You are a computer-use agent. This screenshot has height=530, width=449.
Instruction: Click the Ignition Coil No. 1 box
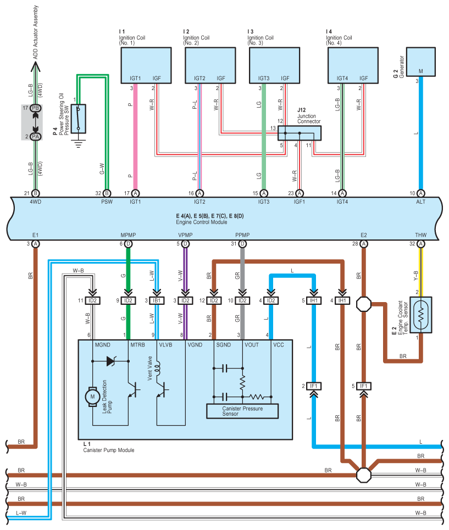click(x=146, y=65)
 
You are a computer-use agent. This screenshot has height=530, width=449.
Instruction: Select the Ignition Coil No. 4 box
click(x=353, y=65)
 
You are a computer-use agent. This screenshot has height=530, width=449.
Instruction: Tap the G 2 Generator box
click(x=420, y=62)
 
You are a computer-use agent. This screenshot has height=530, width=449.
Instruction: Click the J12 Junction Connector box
click(x=299, y=133)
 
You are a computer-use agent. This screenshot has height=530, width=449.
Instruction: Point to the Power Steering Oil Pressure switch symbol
click(x=79, y=119)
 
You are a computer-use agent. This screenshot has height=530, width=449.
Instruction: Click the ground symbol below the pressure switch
click(x=79, y=144)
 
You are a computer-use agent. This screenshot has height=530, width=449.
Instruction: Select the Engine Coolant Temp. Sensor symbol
click(x=420, y=315)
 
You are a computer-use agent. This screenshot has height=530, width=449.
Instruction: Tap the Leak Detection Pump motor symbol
click(x=92, y=397)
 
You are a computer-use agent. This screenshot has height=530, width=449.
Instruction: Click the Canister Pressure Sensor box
click(x=242, y=411)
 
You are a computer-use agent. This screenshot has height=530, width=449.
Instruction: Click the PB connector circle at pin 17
click(x=35, y=108)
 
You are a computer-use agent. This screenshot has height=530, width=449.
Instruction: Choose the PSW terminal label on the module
click(x=107, y=202)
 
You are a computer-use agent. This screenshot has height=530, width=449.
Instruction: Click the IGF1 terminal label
click(x=299, y=202)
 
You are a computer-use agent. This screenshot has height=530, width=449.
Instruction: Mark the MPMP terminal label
click(x=128, y=235)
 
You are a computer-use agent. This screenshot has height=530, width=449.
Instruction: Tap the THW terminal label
click(x=420, y=235)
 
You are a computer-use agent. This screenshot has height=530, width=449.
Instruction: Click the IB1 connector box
click(x=157, y=300)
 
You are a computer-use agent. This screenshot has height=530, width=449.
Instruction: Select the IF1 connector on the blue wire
click(x=314, y=386)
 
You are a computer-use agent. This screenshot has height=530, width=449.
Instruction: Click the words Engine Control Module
click(x=202, y=222)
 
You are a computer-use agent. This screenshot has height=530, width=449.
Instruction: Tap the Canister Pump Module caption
click(x=109, y=450)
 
